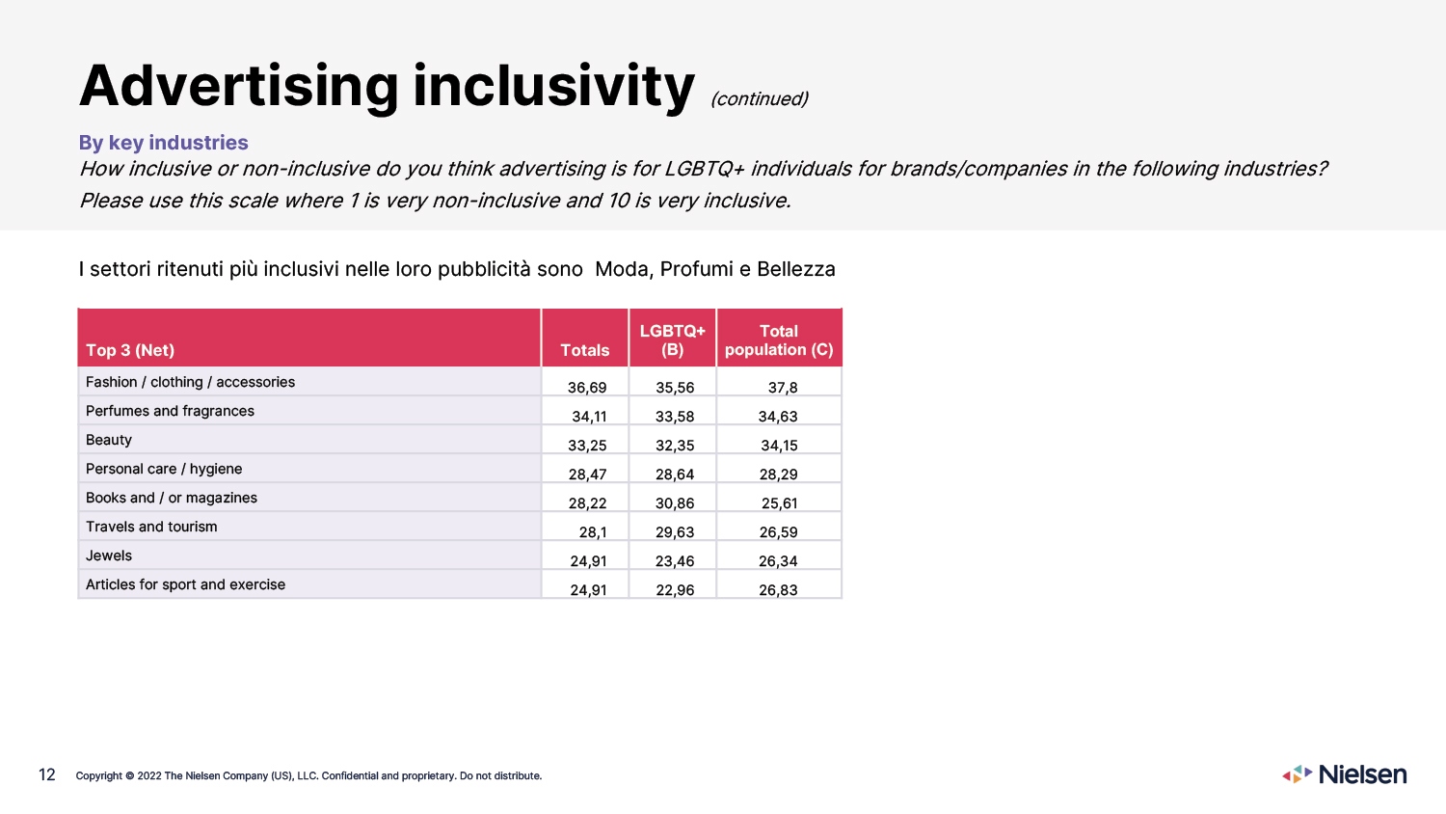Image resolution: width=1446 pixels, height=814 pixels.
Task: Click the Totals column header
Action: [585, 350]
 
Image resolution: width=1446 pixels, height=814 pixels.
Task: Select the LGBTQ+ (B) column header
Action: [672, 340]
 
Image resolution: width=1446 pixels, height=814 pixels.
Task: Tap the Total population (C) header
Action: [779, 340]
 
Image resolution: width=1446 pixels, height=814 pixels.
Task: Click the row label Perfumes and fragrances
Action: [170, 411]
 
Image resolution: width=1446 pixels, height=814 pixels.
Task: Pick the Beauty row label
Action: [108, 440]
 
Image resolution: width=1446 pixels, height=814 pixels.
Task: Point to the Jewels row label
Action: [108, 556]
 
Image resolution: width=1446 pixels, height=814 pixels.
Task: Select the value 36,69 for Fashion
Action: [587, 388]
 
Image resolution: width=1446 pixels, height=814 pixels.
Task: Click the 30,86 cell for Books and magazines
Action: [675, 503]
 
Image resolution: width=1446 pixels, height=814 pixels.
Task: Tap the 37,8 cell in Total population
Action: [783, 388]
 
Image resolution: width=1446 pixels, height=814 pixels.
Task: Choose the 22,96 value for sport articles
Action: [675, 590]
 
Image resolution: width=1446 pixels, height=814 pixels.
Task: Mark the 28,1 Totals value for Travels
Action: [593, 532]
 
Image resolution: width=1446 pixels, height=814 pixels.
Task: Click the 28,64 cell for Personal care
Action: [675, 475]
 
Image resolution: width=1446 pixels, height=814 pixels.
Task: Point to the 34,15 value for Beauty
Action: [779, 446]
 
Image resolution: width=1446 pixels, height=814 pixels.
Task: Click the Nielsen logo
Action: [1344, 773]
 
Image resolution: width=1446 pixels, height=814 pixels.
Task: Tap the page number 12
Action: [47, 774]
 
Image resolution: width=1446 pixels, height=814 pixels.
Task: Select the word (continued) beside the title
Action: [760, 98]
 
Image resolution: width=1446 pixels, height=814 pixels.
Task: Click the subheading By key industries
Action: [163, 142]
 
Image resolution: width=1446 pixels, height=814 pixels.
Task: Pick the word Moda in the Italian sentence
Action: [622, 269]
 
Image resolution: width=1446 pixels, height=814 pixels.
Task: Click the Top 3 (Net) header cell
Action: [130, 350]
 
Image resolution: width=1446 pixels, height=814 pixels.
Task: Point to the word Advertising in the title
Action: [239, 86]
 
